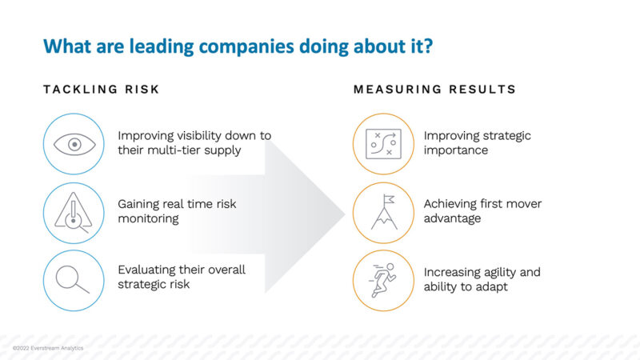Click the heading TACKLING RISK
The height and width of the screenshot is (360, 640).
click(102, 89)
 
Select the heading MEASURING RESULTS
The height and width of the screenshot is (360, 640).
click(434, 89)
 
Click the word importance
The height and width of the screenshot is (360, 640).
click(455, 150)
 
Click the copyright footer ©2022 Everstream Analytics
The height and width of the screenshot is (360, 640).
click(47, 349)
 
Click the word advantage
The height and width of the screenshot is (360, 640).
click(452, 218)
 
